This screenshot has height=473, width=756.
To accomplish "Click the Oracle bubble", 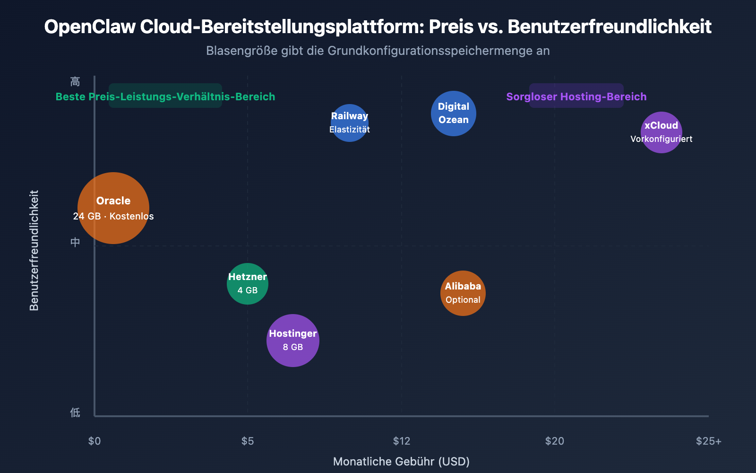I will [x=113, y=208].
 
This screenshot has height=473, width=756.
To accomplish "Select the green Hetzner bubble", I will [x=248, y=284].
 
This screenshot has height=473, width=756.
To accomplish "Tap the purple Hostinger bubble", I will [x=293, y=341].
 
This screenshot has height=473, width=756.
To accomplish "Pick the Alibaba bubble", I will [x=463, y=293].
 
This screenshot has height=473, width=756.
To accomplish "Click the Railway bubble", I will [x=350, y=123].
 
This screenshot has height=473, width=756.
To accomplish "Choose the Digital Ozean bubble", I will [x=454, y=114].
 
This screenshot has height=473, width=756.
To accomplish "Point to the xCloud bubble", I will [x=661, y=132].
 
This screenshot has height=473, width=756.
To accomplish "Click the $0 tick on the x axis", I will [x=94, y=441].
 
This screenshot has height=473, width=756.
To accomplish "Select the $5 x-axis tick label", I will [x=248, y=441].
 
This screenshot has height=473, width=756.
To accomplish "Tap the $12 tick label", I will [x=402, y=441].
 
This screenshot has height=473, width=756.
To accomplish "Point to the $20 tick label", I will [x=555, y=441].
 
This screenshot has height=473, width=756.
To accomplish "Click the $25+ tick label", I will [x=708, y=441].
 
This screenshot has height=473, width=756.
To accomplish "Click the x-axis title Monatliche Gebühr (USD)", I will [x=402, y=461].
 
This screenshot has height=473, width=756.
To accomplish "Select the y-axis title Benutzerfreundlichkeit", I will [x=34, y=251].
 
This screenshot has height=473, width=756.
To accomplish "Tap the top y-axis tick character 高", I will [x=75, y=82].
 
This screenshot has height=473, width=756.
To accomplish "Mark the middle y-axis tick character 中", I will [x=75, y=242].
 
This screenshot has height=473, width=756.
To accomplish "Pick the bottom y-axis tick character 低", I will [x=75, y=412].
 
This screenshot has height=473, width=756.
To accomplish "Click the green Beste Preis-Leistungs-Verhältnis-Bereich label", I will [x=165, y=96].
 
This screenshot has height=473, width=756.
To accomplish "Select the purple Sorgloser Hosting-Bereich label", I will [x=576, y=96].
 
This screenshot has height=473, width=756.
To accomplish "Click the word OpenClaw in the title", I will [x=90, y=26].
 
